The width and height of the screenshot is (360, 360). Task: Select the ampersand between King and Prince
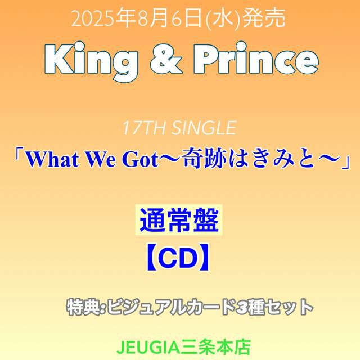(x=166, y=59)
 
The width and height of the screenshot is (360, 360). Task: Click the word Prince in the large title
(x=256, y=58)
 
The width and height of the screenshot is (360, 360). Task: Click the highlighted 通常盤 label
(x=179, y=219)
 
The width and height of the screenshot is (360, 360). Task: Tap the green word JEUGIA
(x=147, y=348)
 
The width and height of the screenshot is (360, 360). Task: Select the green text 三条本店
(x=215, y=348)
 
